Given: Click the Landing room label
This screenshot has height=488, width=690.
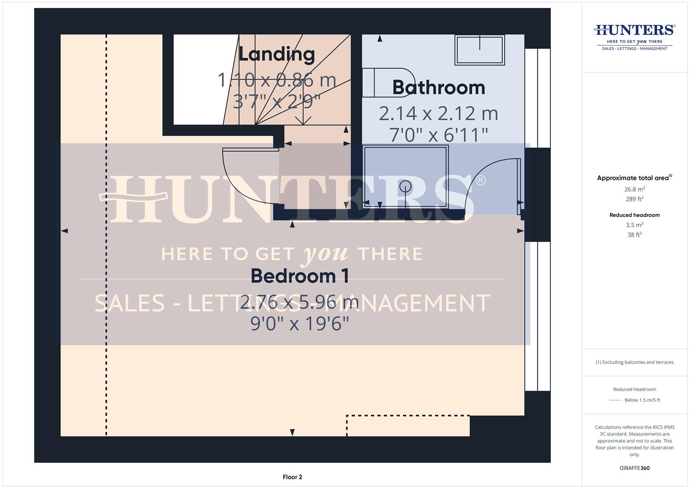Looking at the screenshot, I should coord(277,54).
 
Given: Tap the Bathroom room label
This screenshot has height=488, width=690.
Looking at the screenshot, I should coord(438,88).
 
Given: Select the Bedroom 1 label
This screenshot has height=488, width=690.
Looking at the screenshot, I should coord(300,276).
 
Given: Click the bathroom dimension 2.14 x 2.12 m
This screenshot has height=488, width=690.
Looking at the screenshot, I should coord(438,113).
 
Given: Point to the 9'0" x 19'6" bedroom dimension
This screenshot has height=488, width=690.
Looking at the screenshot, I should coord(300,324).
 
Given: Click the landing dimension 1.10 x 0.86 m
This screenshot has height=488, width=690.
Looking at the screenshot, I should coord(277,80).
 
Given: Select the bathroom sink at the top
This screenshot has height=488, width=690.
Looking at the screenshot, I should coord(479,50).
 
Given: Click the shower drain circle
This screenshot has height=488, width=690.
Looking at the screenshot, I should coord(405,185).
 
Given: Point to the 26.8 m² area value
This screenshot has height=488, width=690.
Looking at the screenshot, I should coord(634,189).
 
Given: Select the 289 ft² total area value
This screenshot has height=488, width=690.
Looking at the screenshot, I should coord(634,199).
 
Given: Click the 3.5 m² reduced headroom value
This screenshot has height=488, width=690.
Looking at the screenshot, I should coord(634,225).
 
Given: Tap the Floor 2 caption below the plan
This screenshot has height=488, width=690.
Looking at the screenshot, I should coord(292,477).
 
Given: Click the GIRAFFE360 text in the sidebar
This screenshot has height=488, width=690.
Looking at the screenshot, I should coord(634,468).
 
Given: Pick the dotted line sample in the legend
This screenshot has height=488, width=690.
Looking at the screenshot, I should coord(615,400).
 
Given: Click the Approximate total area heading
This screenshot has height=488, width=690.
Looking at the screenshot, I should coord(634,178).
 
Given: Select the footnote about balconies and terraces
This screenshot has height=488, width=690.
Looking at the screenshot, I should coord(634,362).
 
